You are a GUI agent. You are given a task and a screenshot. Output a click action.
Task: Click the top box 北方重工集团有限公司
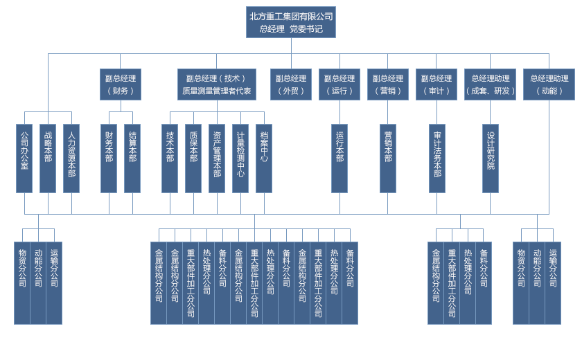pos(291,22)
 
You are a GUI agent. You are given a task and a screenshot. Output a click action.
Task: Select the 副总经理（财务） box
pos(120,84)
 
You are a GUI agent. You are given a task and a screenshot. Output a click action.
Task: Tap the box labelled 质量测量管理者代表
pos(217,84)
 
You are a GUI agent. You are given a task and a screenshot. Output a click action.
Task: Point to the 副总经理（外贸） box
pos(291,84)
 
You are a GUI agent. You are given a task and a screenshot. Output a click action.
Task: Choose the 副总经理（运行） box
pos(339,84)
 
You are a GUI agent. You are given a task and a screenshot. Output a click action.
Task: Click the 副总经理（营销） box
pos(388,84)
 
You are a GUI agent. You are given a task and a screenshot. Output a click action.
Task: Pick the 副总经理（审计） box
pos(436,84)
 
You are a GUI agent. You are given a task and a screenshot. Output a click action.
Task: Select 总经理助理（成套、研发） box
pos(491,84)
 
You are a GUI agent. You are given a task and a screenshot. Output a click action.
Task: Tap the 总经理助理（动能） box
pos(549,84)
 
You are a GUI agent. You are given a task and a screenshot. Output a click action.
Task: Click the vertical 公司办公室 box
pos(24,158)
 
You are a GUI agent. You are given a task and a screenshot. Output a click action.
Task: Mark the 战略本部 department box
pos(48,158)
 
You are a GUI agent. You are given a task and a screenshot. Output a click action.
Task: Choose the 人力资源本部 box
pos(71,158)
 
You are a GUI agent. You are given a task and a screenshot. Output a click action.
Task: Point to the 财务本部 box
pos(109,158)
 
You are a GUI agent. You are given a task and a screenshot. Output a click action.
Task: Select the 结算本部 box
pos(132,158)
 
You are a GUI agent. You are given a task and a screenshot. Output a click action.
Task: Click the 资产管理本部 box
pos(217,158)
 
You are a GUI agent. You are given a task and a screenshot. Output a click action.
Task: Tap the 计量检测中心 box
pos(240,158)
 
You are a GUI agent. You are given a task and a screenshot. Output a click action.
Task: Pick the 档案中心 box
pos(264,158)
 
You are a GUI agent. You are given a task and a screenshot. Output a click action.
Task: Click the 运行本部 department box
pos(339,158)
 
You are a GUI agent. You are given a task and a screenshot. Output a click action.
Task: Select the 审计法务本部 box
pos(437,158)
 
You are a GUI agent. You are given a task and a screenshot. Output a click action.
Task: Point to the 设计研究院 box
pos(491,158)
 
